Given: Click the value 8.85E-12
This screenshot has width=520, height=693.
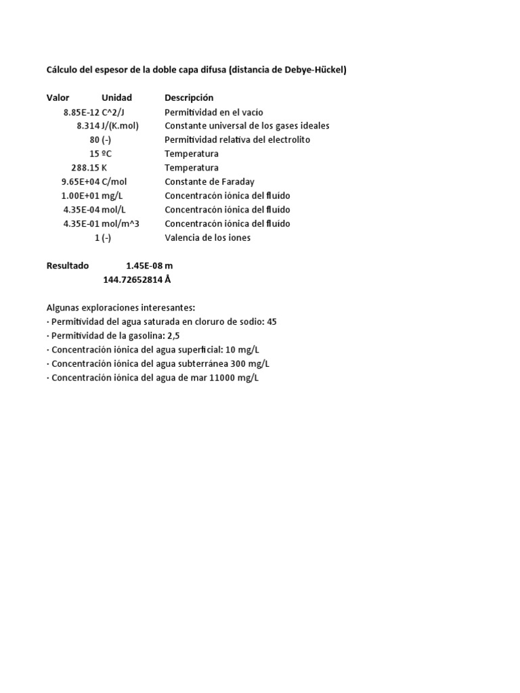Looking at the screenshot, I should click(x=81, y=112).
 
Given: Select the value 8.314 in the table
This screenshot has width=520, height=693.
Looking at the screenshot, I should click(x=88, y=126).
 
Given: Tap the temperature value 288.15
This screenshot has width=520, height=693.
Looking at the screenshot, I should click(x=85, y=168).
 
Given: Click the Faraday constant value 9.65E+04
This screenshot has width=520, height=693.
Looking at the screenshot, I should click(x=81, y=182).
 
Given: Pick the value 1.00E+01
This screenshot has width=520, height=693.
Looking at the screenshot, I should click(x=81, y=196).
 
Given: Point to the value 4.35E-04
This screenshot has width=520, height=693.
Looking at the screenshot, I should click(x=81, y=210).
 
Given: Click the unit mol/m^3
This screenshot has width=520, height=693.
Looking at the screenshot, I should click(x=121, y=224).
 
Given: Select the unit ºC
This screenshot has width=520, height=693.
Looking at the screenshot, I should click(x=107, y=154).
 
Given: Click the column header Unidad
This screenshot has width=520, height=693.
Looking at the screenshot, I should click(x=116, y=98).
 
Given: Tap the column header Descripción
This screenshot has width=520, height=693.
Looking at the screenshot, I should click(x=189, y=98).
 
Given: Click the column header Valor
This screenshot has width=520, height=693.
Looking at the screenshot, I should click(x=58, y=98).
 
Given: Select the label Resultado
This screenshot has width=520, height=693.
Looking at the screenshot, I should click(x=67, y=266).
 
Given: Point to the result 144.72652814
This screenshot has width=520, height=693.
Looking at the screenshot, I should click(x=133, y=280).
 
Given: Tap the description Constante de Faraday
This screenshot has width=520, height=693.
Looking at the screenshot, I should click(x=209, y=182).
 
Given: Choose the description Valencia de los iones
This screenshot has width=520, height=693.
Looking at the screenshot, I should click(x=207, y=238).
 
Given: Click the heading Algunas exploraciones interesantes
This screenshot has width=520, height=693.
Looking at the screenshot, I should click(x=121, y=308).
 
